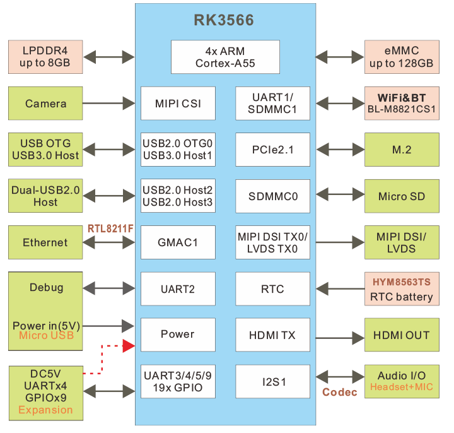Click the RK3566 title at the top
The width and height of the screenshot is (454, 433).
(x=224, y=21)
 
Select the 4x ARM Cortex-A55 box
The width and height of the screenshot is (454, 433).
(x=225, y=57)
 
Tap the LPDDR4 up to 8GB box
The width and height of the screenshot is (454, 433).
(x=45, y=57)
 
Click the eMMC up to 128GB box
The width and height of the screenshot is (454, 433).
(x=402, y=57)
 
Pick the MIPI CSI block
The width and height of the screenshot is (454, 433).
(x=178, y=104)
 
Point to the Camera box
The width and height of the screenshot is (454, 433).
(x=45, y=104)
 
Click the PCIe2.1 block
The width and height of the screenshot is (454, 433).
(x=272, y=150)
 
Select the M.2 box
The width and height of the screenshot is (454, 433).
(x=402, y=150)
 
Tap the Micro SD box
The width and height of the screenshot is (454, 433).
(x=402, y=196)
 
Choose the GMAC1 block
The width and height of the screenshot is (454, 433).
(x=178, y=242)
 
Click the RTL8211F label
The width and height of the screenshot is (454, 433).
(x=110, y=228)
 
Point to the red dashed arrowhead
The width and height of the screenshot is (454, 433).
(x=129, y=345)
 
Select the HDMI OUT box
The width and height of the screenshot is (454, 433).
(x=402, y=335)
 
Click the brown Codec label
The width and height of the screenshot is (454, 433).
(x=340, y=393)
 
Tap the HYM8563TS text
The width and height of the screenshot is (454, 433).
(x=402, y=281)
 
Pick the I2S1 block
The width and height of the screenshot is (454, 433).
(x=272, y=382)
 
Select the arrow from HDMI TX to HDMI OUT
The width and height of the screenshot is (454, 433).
(x=337, y=335)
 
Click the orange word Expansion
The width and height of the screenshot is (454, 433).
(x=45, y=410)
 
